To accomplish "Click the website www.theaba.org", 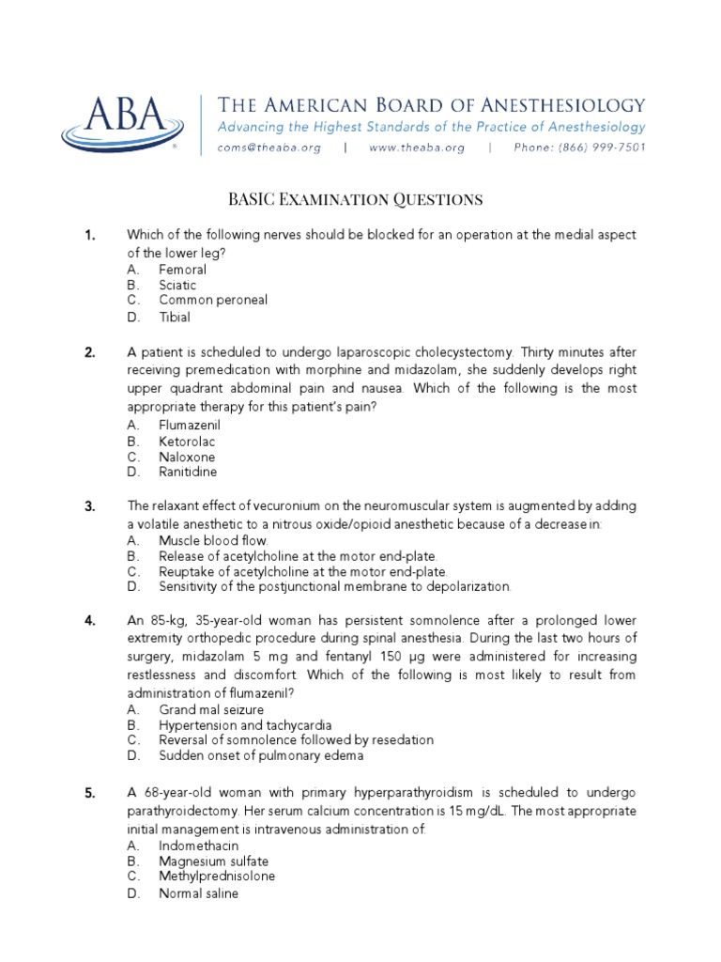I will [416, 147].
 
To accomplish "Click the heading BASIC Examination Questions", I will [356, 199].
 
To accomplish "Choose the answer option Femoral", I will [182, 270].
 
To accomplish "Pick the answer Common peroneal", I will [213, 301].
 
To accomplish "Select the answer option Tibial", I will [175, 317].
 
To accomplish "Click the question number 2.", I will [90, 353].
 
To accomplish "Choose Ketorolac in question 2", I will [186, 441].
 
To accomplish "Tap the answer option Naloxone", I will [187, 457].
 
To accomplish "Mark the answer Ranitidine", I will [188, 472].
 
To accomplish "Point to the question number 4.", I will [90, 621].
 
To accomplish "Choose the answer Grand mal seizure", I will [211, 709].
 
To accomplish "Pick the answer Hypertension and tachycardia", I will [245, 725].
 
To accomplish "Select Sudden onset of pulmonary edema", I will [260, 755].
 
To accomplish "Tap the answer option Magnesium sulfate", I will [213, 861].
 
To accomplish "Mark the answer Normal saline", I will [198, 892].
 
